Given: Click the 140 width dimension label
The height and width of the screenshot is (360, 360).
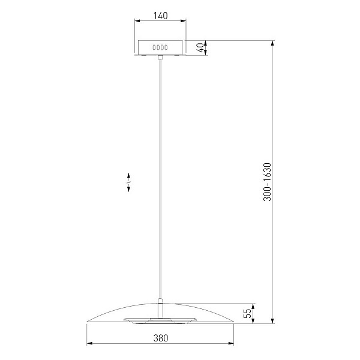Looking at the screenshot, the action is point(160,16).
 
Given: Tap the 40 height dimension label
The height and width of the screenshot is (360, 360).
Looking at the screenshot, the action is point(200,48).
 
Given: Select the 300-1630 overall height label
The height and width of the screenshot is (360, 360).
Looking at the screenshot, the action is point(267,182).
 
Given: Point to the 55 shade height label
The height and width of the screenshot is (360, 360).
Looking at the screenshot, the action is point(247,313).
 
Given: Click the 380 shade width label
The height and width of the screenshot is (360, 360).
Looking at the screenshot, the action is point(160,338).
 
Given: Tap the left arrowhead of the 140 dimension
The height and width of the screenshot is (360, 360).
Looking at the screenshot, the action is point(137,21).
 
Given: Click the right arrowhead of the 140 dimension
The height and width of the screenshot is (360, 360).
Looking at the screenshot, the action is point(183,21).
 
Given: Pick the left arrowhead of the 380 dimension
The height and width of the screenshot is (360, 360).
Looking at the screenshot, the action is point(89,343).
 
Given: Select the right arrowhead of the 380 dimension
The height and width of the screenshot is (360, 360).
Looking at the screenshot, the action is point(231,343).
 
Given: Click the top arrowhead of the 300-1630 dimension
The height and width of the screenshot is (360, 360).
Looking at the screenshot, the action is point(272,43).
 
